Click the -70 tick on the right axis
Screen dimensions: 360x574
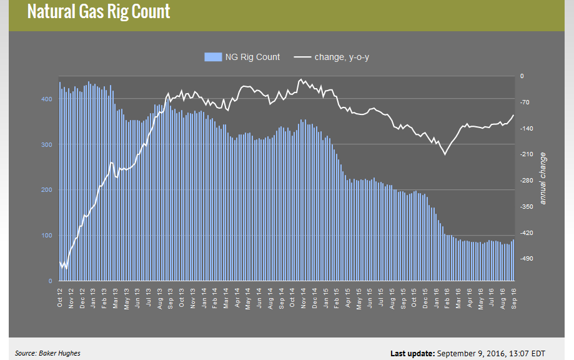point(525,102)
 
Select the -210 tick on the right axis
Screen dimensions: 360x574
point(526,154)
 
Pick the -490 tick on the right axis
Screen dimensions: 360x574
point(526,258)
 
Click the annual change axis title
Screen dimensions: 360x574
point(543,178)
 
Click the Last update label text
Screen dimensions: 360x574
point(413,354)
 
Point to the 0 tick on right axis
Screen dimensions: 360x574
point(522,76)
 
